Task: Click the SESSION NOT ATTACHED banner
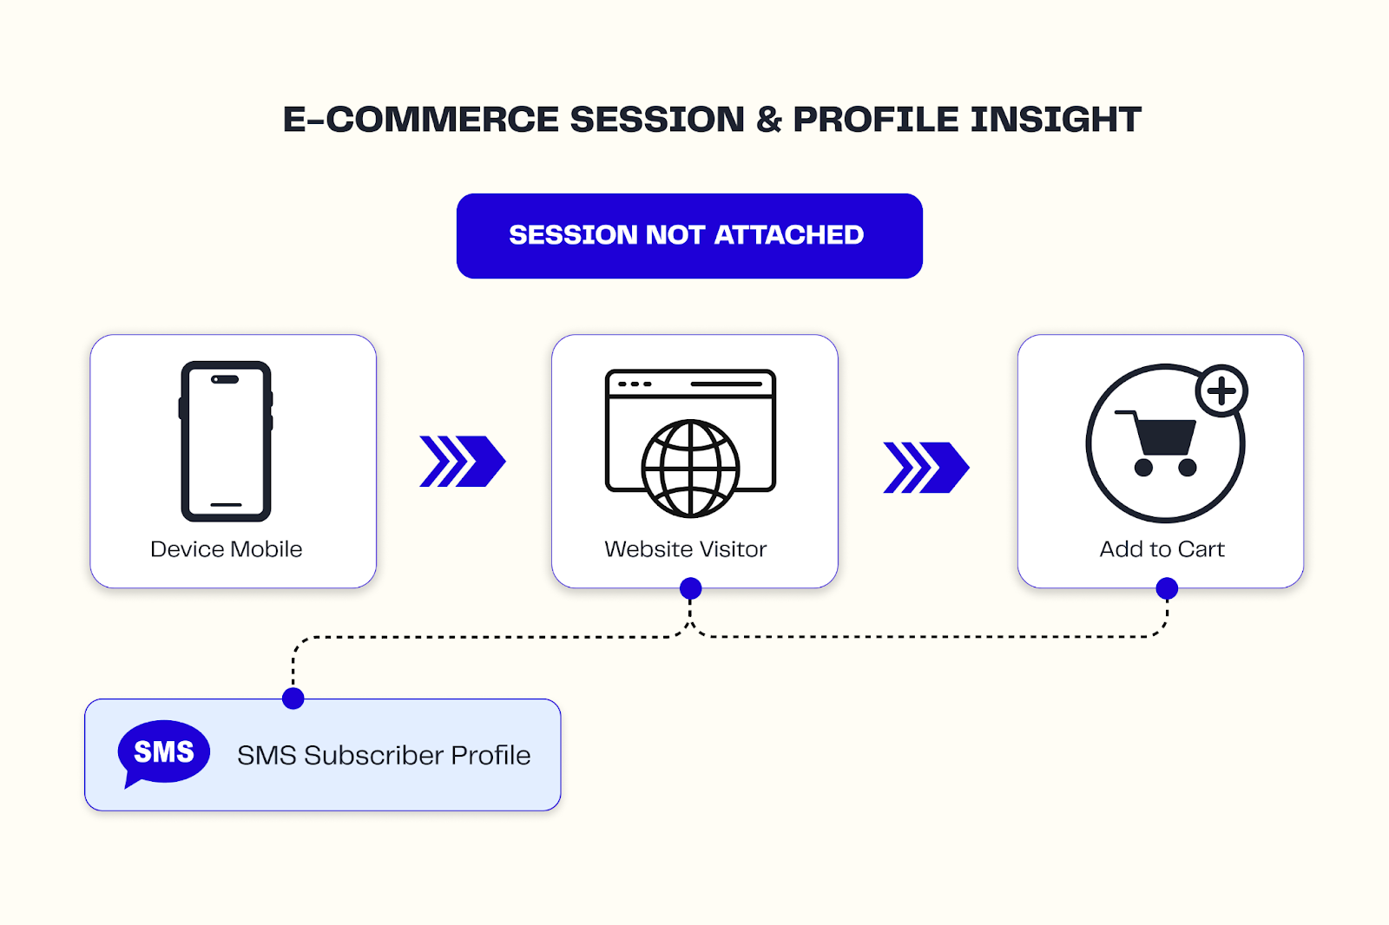689,236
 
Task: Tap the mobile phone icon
226,441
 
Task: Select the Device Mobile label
226,549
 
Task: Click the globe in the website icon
690,469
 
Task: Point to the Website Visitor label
685,549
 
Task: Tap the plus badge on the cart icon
1221,391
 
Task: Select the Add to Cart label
1162,549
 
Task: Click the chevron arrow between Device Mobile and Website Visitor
462,462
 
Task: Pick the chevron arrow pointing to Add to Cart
925,468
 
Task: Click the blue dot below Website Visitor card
690,589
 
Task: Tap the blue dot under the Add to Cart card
1167,589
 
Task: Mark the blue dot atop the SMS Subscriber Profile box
293,699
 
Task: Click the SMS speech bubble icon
162,752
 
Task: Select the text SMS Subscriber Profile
384,756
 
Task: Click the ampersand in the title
768,120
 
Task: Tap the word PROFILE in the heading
875,120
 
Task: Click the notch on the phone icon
226,379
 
